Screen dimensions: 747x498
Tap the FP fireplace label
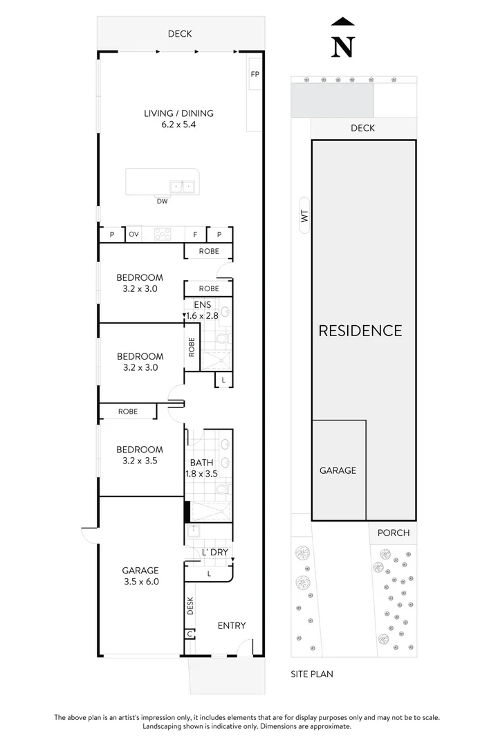[255, 73]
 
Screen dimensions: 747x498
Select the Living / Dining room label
[178, 119]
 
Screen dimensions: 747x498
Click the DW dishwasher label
[163, 202]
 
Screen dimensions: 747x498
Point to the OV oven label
[133, 234]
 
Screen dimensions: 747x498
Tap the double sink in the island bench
[182, 185]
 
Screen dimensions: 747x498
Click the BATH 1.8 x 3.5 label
[201, 468]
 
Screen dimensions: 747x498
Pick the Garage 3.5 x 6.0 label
[140, 576]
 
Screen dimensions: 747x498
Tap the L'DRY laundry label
[214, 552]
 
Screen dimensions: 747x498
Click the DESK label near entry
[190, 607]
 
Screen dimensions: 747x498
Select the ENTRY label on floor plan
[232, 625]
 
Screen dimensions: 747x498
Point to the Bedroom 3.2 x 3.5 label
[140, 454]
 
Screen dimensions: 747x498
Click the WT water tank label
[303, 217]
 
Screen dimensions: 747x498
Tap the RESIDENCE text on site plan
[360, 331]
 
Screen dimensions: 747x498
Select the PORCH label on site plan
[394, 533]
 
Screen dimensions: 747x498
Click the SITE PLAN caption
[311, 673]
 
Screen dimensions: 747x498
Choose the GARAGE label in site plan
[338, 470]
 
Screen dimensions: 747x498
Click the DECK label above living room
[180, 33]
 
